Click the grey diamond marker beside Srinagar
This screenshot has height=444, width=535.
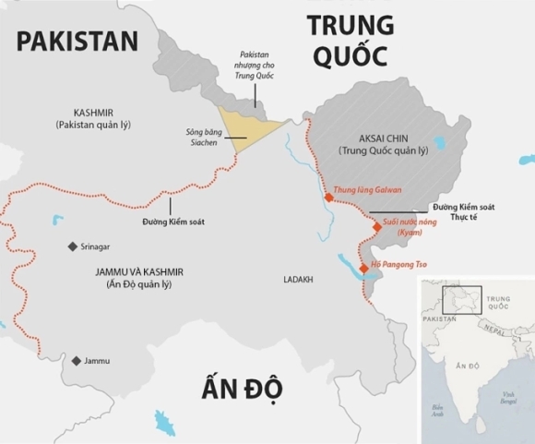tap(73, 246)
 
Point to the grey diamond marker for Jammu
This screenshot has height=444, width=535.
tap(76, 360)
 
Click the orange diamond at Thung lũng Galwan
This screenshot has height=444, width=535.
tap(329, 196)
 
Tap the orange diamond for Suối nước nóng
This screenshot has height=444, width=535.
tap(375, 226)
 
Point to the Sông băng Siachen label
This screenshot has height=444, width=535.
tap(204, 138)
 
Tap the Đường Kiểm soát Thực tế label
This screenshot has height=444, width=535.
tap(463, 213)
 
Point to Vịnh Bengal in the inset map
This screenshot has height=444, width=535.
tap(508, 398)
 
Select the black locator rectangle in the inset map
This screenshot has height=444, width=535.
tap(461, 300)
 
